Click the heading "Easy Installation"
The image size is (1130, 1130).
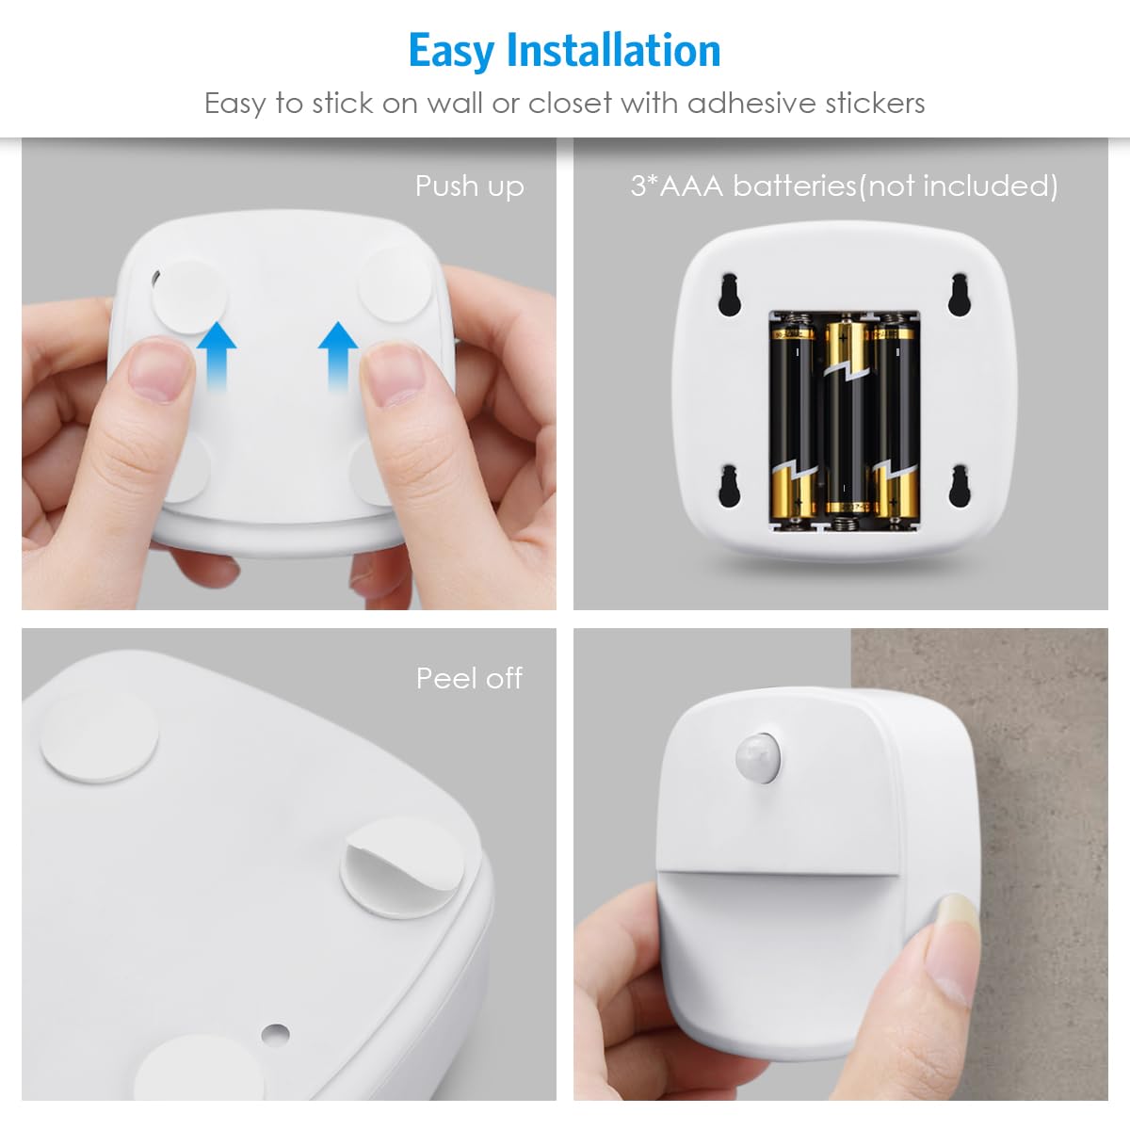[x=564, y=51]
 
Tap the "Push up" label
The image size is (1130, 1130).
[x=469, y=186]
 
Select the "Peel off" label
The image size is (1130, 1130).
[x=469, y=678]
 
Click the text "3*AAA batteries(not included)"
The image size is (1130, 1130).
[x=844, y=186]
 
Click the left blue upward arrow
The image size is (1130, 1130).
[x=218, y=355]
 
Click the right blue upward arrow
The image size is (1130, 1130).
[x=337, y=355]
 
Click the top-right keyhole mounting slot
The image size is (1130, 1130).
[x=960, y=294]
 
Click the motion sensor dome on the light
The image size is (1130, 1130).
[x=758, y=755]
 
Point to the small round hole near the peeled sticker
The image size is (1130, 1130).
[x=275, y=1033]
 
